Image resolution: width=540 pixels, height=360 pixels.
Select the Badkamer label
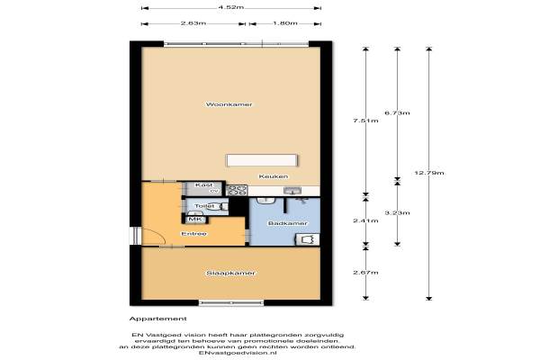pyautogui.click(x=288, y=222)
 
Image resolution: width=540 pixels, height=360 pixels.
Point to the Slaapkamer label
pyautogui.click(x=231, y=273)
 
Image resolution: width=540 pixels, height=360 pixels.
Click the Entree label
pyautogui.click(x=193, y=234)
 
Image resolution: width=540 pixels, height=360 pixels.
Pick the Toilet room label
pyautogui.click(x=202, y=206)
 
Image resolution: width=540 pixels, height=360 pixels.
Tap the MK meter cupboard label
pyautogui.click(x=194, y=219)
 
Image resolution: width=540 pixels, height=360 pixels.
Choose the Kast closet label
pyautogui.click(x=202, y=184)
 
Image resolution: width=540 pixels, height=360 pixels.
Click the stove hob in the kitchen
pyautogui.click(x=237, y=190)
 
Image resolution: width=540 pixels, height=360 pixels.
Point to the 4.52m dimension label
pyautogui.click(x=230, y=8)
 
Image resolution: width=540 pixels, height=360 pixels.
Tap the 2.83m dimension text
pyautogui.click(x=190, y=22)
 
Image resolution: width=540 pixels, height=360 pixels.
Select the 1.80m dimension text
pyautogui.click(x=284, y=22)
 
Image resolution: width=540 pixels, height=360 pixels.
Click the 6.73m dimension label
pyautogui.click(x=397, y=112)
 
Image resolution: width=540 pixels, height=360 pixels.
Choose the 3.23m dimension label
pyautogui.click(x=397, y=212)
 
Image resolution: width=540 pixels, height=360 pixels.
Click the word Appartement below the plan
pyautogui.click(x=158, y=318)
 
